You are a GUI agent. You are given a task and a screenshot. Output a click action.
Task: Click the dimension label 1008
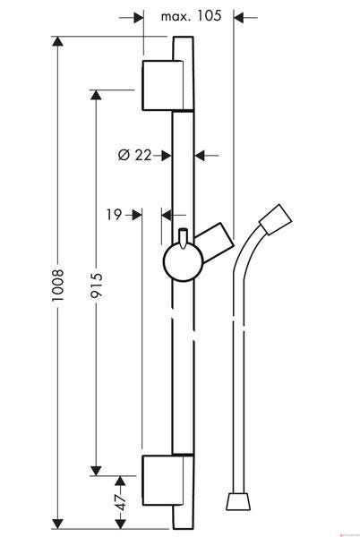[x=57, y=285]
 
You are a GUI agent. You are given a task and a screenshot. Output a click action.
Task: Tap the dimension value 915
[x=96, y=285]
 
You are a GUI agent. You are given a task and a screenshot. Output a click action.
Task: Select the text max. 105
[x=191, y=16]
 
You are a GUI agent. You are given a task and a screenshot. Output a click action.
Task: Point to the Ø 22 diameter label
[x=134, y=155]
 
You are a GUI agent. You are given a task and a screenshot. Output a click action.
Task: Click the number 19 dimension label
[x=114, y=215]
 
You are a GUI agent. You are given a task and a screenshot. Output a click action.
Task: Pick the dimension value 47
[x=121, y=502]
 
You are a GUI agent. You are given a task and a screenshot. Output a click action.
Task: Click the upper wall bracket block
[x=163, y=85]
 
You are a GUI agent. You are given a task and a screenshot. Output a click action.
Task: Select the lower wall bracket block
[x=163, y=480]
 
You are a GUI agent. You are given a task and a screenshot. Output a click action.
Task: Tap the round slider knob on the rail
[x=184, y=261]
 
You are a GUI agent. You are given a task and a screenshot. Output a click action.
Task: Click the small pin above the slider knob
[x=183, y=237]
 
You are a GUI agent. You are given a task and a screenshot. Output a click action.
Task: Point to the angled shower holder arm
[x=215, y=243]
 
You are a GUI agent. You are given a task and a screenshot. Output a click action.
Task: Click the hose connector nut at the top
[x=276, y=219]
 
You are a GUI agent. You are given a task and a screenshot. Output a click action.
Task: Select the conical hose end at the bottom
[x=238, y=502]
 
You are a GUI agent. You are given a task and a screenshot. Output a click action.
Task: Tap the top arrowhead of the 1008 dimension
[x=57, y=41]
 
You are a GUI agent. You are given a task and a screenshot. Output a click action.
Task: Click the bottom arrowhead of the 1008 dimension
[x=57, y=524]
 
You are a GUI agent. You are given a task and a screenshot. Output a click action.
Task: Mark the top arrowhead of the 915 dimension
[x=96, y=95]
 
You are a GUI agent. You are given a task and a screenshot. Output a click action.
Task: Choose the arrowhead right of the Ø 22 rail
[x=200, y=156]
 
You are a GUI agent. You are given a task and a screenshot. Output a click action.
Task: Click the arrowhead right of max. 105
[x=239, y=17]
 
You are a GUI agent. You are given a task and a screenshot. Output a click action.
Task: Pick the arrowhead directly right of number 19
[x=137, y=215]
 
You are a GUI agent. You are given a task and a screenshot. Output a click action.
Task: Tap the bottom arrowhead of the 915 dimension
[x=96, y=471]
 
